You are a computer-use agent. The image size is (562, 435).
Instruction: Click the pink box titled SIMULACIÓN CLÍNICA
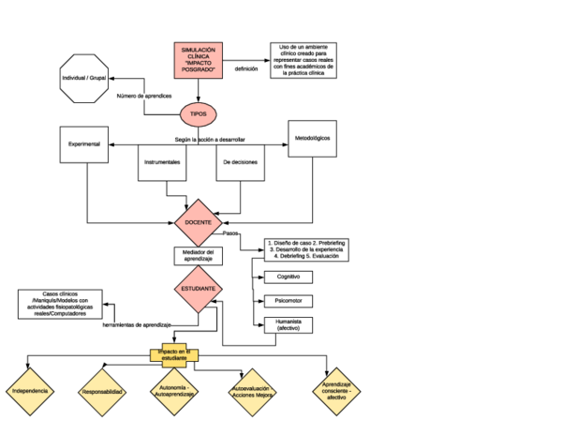(199, 60)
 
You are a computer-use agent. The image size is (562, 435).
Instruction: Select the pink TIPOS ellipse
(199, 113)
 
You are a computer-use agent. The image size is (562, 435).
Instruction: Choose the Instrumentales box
(163, 161)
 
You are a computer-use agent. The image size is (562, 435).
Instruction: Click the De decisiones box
(240, 161)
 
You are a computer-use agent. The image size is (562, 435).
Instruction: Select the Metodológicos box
(312, 139)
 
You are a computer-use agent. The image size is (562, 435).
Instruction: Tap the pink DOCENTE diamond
(198, 222)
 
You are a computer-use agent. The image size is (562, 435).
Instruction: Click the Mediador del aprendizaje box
(198, 256)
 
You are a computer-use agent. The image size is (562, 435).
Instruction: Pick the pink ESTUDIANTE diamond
(198, 289)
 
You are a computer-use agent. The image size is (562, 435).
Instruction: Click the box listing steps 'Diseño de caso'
(306, 249)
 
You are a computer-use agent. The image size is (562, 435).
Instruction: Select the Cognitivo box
(288, 277)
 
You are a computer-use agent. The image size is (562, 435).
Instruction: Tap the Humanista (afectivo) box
(288, 325)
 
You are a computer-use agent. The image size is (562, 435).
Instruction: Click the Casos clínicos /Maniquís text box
(60, 304)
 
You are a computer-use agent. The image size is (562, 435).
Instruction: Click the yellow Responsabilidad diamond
(101, 391)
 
